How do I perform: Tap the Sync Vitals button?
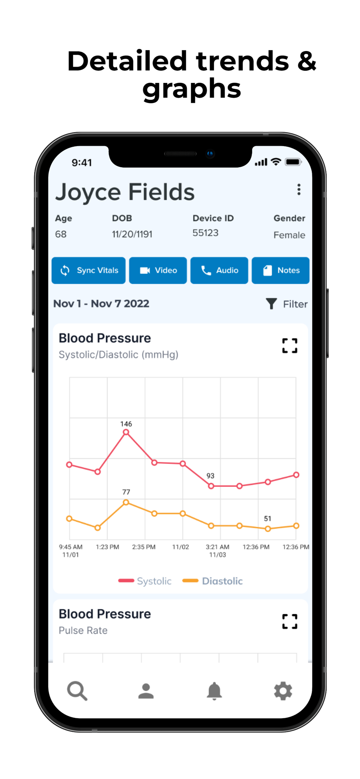point(88,270)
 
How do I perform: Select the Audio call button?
point(219,270)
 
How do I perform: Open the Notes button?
point(281,270)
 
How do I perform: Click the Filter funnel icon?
point(272,304)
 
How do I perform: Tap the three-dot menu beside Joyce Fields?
point(299,190)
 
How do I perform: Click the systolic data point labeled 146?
point(126,432)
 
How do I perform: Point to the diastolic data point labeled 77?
point(126,502)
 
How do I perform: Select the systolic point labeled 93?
point(211,486)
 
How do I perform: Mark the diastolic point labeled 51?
point(268,529)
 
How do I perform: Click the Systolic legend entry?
point(145,581)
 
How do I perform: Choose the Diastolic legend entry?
point(213,581)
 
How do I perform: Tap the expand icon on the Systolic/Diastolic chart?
point(290,345)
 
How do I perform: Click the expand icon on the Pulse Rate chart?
point(290,621)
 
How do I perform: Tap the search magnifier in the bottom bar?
point(77,691)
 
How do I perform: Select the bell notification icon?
point(214,691)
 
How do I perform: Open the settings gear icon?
point(283,691)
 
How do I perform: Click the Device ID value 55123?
point(205,233)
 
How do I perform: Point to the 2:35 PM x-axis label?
point(144,547)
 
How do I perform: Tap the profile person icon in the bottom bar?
point(146,691)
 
